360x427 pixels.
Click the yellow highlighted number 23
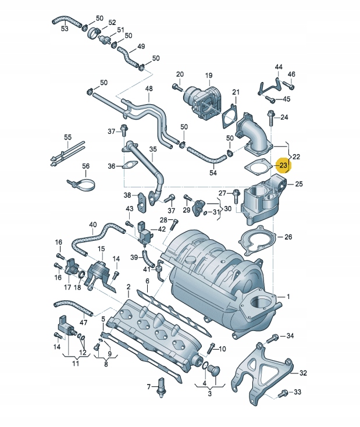click(283, 166)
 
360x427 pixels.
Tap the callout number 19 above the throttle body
click(208, 76)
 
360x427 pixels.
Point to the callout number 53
click(64, 29)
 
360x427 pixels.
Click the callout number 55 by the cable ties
click(67, 138)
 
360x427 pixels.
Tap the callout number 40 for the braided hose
click(93, 225)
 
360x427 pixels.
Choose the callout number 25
click(299, 184)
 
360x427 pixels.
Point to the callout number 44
click(279, 67)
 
